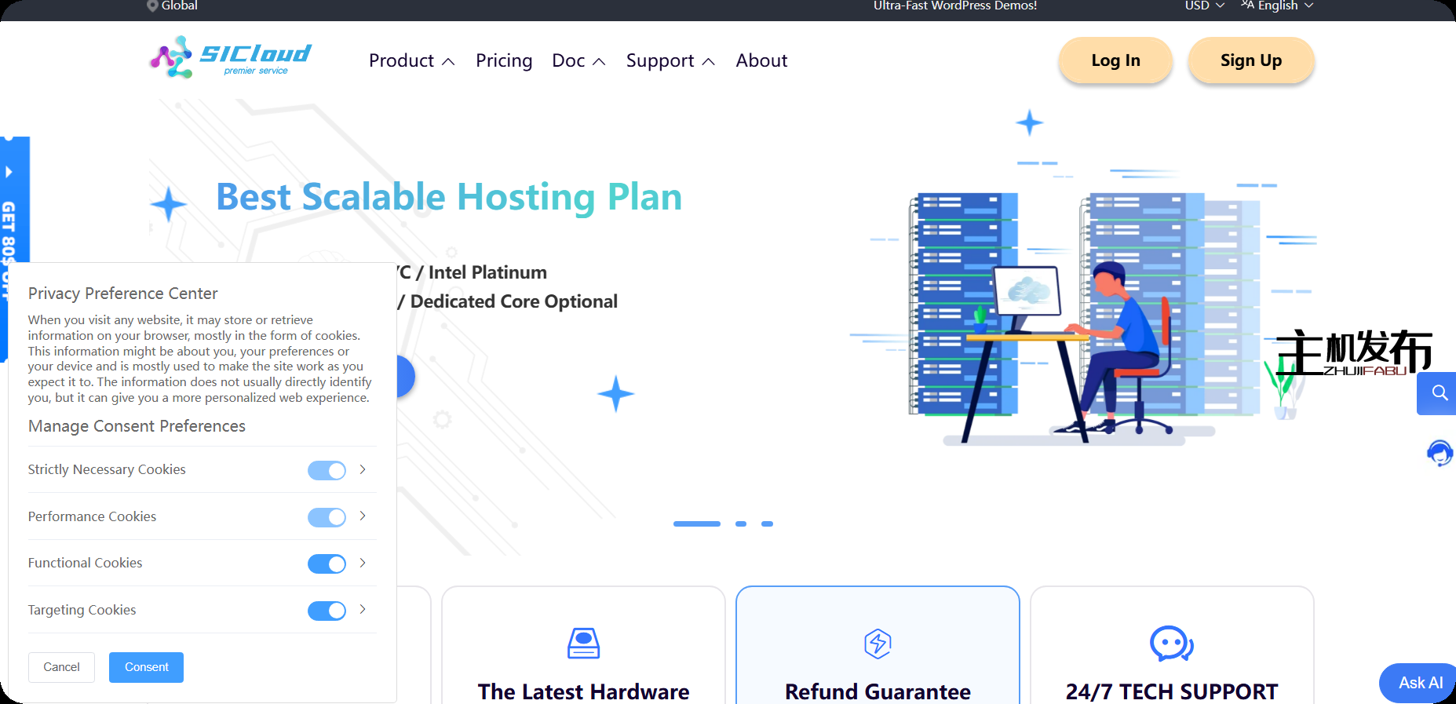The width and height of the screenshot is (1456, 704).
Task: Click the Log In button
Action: click(x=1115, y=60)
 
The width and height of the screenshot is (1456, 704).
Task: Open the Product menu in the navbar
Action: click(x=411, y=61)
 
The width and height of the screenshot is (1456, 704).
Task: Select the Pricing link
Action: click(x=504, y=61)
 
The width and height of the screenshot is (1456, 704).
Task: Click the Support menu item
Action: click(x=670, y=61)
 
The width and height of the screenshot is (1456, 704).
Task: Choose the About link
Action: click(x=761, y=61)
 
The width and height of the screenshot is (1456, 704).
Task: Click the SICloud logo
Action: click(x=231, y=57)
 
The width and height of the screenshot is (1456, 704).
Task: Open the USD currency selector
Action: click(x=1204, y=6)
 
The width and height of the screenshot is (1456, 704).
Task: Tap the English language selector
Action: click(x=1277, y=6)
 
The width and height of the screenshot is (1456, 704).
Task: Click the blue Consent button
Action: click(x=146, y=667)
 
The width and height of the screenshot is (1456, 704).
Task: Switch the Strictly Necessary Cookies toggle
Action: click(x=327, y=470)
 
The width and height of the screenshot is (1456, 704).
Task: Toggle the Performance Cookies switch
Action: click(x=327, y=517)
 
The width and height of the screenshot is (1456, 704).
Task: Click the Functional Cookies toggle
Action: click(x=327, y=564)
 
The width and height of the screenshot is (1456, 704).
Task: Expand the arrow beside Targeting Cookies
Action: click(x=363, y=609)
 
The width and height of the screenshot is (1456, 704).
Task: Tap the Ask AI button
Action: click(x=1419, y=683)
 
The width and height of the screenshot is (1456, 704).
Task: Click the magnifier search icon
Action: click(x=1439, y=393)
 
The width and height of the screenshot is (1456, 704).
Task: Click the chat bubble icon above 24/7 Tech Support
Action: click(x=1171, y=644)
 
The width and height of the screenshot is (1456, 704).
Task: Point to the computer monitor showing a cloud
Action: click(x=1027, y=291)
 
